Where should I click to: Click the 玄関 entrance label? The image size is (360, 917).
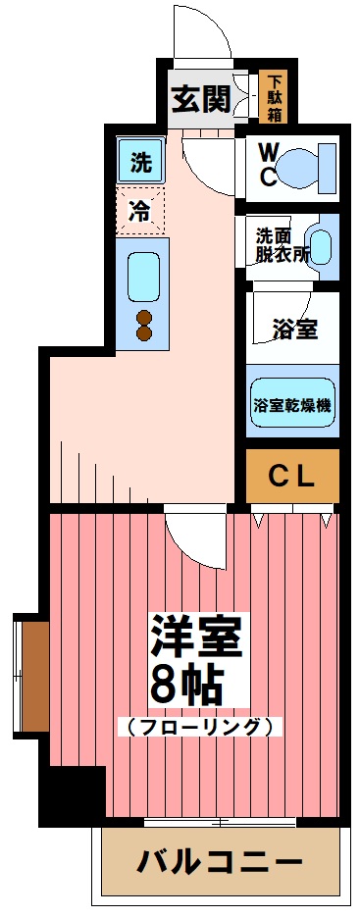203,99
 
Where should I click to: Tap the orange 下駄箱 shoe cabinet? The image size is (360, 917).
276,98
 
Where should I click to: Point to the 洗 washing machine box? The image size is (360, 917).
141,163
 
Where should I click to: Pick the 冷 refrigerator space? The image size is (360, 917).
141,210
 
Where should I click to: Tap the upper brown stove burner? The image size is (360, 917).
144,316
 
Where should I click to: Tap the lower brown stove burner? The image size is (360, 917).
144,333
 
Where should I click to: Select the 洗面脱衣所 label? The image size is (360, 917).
279,242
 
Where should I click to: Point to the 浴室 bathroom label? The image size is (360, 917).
294,329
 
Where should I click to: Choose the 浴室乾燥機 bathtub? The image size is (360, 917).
292,402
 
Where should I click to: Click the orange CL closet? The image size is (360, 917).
291,477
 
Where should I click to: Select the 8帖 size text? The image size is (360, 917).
185,684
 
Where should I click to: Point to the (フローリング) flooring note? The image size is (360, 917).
199,727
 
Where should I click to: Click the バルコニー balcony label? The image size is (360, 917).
220,863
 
